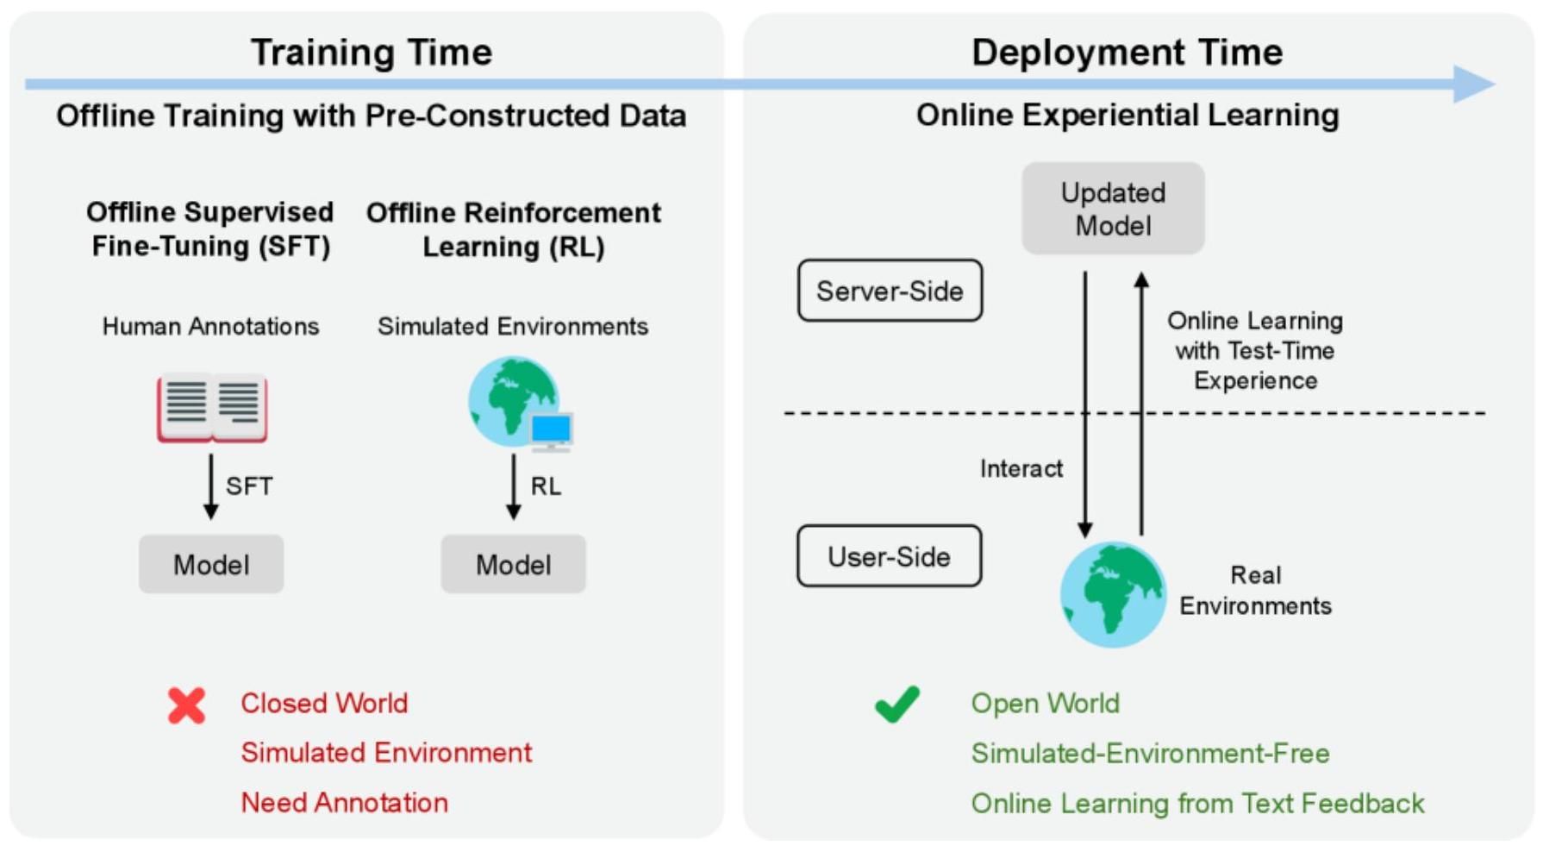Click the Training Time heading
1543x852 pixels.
372,53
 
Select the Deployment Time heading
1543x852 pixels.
1127,53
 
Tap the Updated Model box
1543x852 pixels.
1113,209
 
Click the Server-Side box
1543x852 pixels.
890,291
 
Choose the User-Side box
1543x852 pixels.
889,557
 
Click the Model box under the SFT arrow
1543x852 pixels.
211,565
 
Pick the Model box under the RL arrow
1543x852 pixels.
514,565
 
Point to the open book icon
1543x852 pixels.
212,408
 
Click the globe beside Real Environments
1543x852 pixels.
1113,594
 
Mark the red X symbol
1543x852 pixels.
186,705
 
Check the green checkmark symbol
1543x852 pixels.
897,704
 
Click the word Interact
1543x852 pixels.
1021,469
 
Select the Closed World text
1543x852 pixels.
324,704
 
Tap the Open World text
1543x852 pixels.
1045,704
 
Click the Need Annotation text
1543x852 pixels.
344,803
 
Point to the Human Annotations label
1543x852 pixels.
210,327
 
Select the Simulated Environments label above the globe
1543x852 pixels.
513,327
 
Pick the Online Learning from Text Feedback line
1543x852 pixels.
1197,804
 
